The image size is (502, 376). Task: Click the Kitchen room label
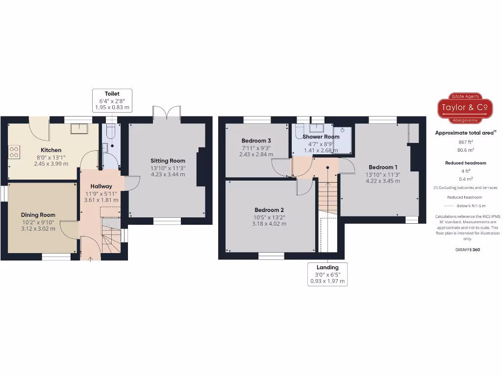click(51, 150)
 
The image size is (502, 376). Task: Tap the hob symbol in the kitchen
click(13, 152)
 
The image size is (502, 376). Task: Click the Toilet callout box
click(112, 100)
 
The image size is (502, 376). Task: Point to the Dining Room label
click(38, 214)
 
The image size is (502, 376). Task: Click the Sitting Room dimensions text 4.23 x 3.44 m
click(168, 174)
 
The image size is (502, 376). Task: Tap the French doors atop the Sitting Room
click(167, 112)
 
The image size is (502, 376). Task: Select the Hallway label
click(101, 186)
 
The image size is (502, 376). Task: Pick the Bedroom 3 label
click(256, 141)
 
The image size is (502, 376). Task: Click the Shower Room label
click(321, 137)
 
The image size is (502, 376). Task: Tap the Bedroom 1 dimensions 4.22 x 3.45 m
click(382, 181)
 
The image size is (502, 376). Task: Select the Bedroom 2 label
click(269, 210)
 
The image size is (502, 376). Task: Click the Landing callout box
click(327, 274)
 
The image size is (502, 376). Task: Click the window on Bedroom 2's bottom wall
click(271, 255)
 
